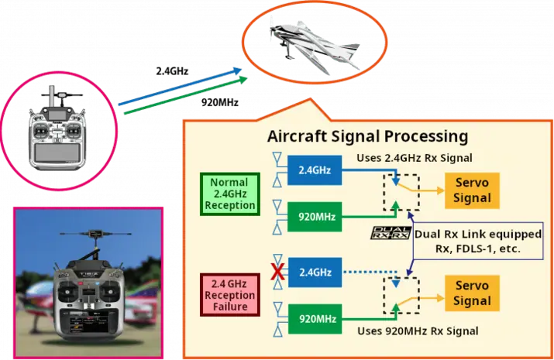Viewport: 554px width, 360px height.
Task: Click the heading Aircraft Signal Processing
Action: point(367,137)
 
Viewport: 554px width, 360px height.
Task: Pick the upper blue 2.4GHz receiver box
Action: point(315,171)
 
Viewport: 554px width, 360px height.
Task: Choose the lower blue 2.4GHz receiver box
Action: point(315,273)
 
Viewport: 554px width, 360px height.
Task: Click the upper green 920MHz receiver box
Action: point(315,217)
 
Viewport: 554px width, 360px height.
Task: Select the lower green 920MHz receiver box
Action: point(315,318)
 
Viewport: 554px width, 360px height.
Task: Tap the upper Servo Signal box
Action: point(472,190)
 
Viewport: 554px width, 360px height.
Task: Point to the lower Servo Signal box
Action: point(472,293)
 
